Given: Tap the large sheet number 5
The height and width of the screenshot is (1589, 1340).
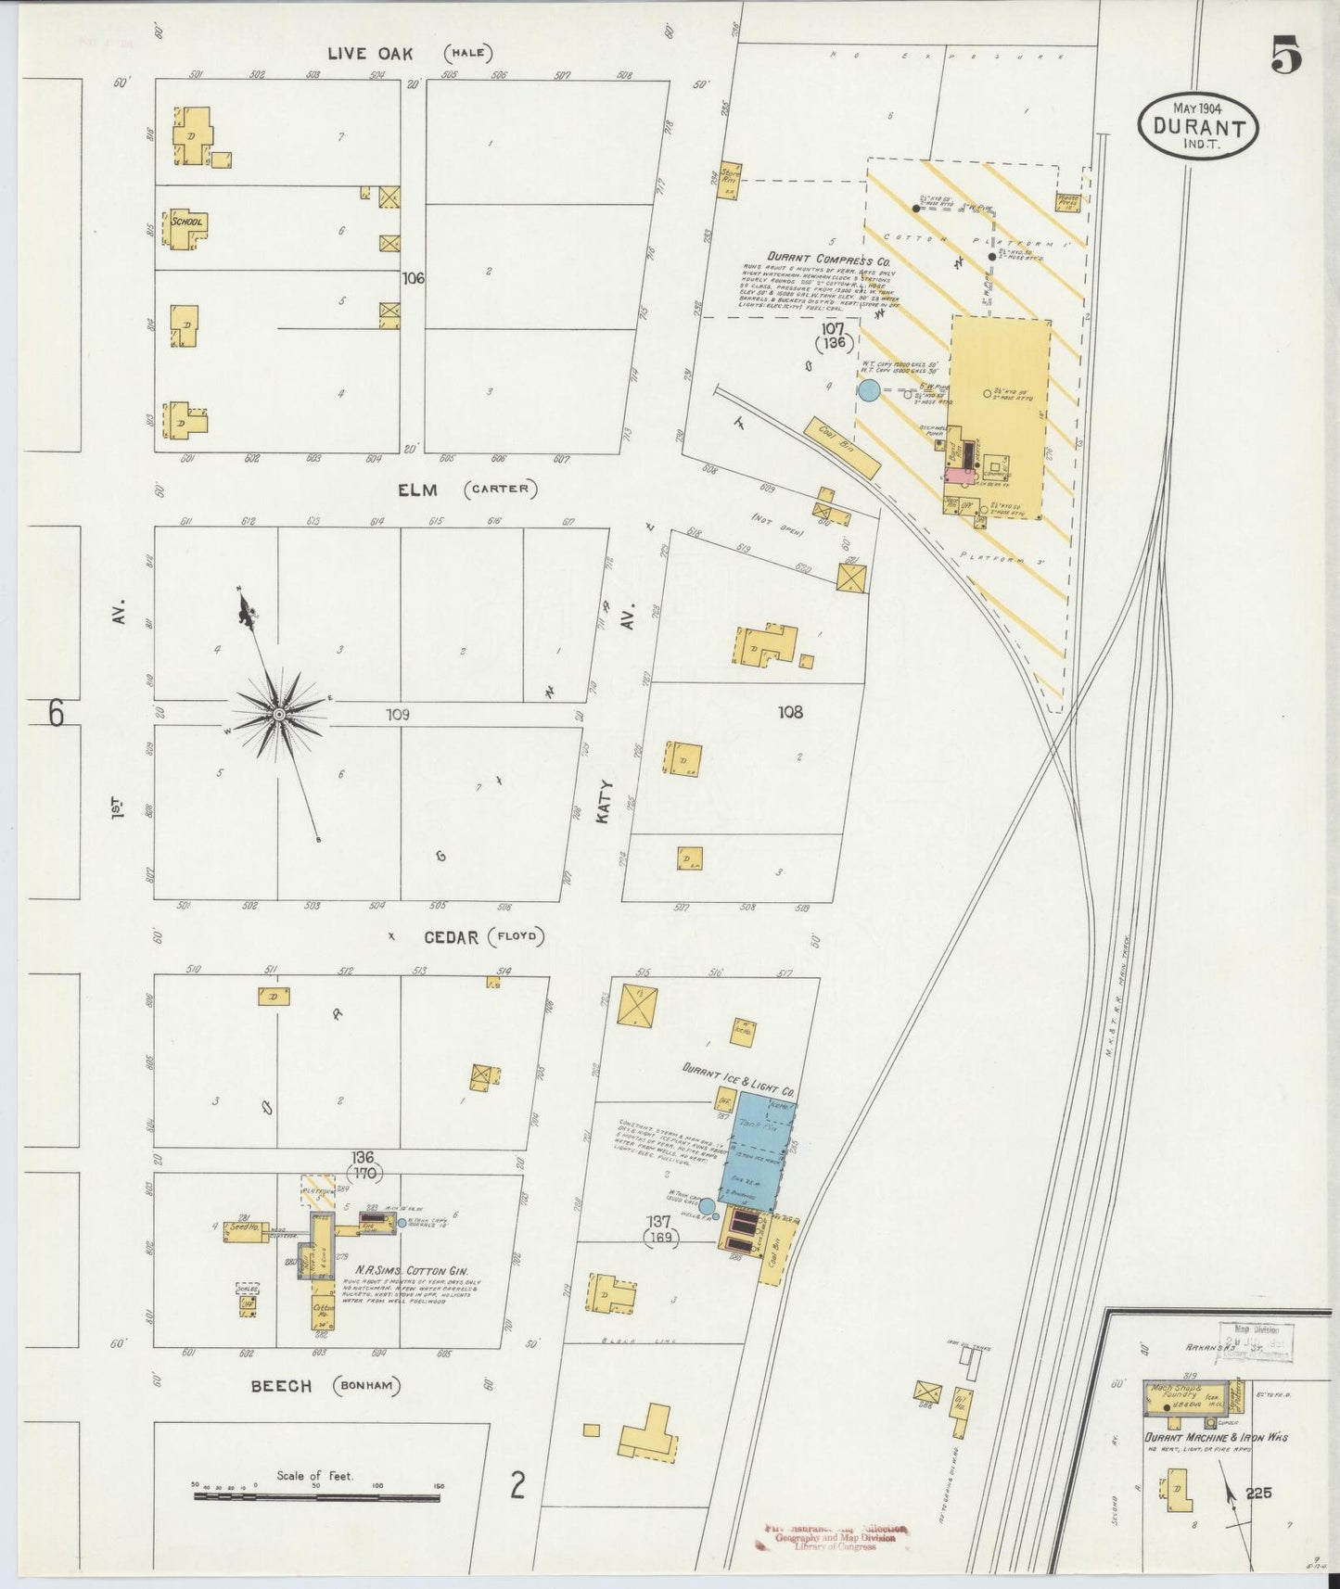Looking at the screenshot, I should [1286, 57].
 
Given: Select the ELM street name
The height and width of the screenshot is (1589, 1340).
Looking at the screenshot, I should [417, 489].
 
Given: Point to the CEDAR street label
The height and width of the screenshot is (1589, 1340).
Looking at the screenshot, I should [452, 937].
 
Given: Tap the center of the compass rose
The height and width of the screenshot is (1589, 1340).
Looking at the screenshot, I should [279, 714].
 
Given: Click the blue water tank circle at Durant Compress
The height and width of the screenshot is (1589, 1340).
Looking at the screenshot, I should [869, 390].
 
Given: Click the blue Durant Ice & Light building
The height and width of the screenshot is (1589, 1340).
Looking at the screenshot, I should [758, 1150].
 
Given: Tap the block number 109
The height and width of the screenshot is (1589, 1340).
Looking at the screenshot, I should [398, 715].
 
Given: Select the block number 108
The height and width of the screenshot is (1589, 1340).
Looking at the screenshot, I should [790, 712].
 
